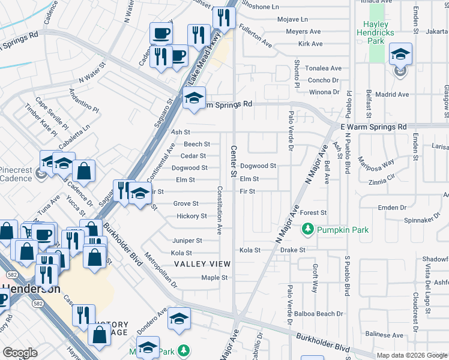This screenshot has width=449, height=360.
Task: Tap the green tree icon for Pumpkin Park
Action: tap(308, 229)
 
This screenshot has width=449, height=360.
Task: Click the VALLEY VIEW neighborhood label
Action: tap(202, 264)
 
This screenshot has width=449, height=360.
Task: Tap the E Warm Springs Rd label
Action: tap(373, 127)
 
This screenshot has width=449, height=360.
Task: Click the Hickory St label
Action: tap(192, 216)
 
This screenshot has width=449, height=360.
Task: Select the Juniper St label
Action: tap(187, 241)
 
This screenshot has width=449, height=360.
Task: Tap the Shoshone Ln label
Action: tap(260, 7)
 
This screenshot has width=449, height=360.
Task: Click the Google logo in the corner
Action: tap(20, 352)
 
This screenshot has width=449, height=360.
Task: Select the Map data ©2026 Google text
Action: tap(412, 355)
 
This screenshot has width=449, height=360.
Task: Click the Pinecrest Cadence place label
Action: tap(16, 174)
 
